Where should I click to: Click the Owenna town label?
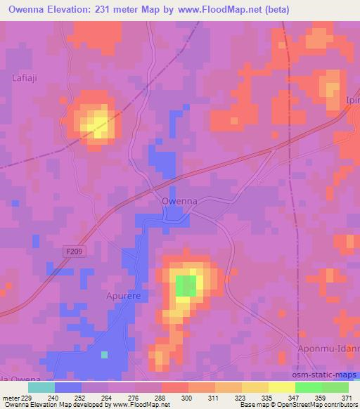179,201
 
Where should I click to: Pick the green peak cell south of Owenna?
186,286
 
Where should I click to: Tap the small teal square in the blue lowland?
105,354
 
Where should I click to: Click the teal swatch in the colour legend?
41,387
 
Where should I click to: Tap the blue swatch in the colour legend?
68,387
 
